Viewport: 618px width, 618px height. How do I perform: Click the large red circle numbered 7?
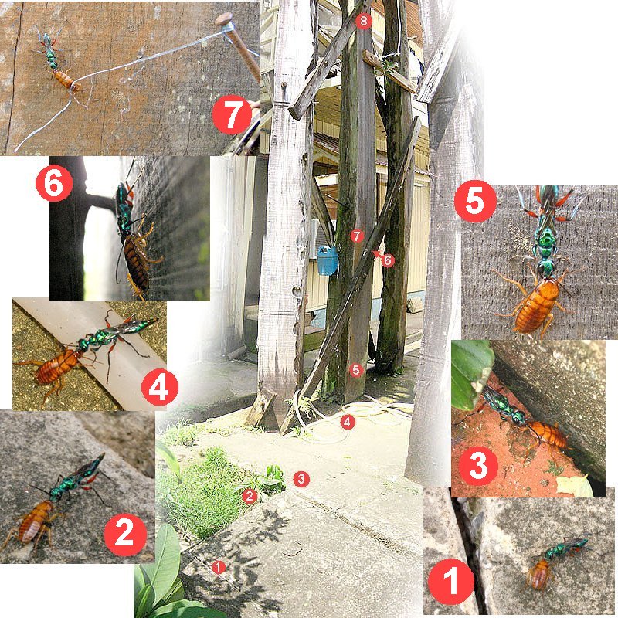232,114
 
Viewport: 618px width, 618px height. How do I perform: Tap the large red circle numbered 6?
54,183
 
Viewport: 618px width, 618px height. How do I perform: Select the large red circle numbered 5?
475,202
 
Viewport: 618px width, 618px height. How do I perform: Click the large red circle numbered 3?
478,466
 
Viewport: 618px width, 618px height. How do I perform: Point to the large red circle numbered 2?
125,534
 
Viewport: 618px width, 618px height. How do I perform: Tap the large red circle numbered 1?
451,582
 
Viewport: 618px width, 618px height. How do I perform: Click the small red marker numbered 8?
363,21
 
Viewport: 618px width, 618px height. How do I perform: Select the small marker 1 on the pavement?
219,567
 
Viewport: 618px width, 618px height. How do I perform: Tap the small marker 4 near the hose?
347,422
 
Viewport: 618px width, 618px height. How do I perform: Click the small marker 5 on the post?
356,370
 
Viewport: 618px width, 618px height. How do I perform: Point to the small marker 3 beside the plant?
301,479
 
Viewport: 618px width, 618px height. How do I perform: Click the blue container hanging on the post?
328,260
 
